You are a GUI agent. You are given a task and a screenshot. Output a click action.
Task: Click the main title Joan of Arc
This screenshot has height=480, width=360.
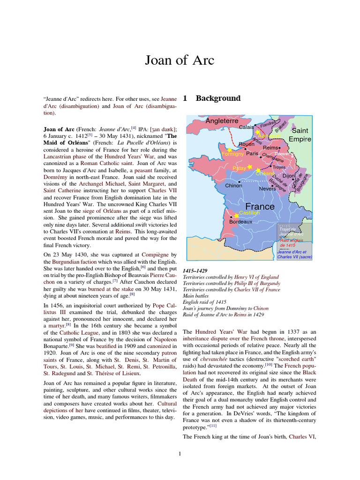180,60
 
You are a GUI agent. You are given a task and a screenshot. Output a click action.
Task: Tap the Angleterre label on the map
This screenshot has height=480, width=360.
222,121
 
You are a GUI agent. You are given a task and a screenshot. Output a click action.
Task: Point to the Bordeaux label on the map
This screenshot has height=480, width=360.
241,222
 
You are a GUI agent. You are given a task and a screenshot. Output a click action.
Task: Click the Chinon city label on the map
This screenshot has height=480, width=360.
233,186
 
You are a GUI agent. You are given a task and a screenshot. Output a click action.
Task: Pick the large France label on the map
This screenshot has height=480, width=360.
260,206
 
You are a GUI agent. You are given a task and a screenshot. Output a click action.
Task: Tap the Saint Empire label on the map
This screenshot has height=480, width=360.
300,135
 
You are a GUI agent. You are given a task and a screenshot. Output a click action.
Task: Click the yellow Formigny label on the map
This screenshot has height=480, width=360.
232,153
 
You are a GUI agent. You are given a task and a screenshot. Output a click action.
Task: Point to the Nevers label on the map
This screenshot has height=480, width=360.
268,188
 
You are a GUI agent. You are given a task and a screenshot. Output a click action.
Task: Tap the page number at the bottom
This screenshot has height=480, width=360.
180,453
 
